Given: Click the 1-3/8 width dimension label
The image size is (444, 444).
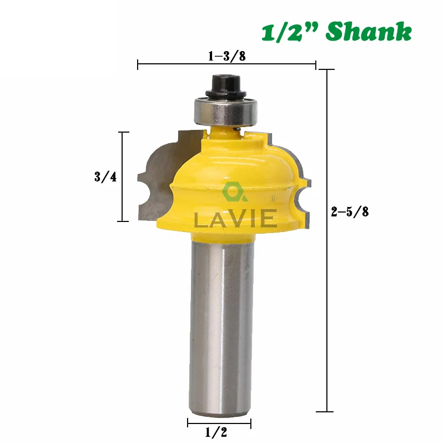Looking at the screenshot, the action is tap(227, 56).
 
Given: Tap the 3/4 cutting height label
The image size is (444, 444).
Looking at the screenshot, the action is tap(105, 177).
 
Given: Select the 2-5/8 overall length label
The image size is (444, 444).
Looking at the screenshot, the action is tap(350, 211).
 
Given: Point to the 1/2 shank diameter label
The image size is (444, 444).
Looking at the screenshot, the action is tap(216, 432).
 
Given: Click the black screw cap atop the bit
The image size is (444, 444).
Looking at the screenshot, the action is tap(226, 85).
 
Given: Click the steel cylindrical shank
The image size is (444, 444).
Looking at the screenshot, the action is tap(221, 326).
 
